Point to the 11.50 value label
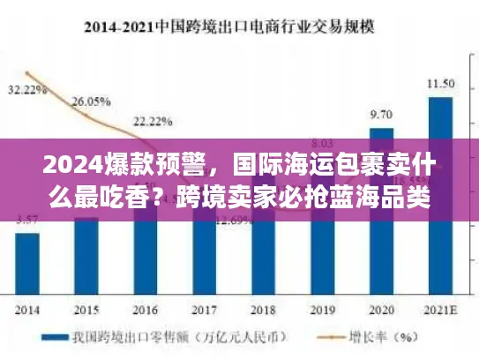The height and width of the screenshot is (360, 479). pos(440,83)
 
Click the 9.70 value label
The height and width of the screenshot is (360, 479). pos(381,115)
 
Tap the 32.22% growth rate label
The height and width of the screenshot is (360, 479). pos(27,90)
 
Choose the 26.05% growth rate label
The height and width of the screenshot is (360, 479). pos(88,101)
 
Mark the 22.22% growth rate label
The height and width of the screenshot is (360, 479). pos(147,121)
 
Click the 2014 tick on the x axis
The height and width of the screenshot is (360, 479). pos(26,311)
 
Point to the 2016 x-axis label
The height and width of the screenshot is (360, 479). pos(145,311)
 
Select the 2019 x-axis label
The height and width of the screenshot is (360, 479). pos(322,311)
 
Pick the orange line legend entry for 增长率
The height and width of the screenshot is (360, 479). pos(361,337)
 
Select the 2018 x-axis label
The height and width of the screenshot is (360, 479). pos(263,311)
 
